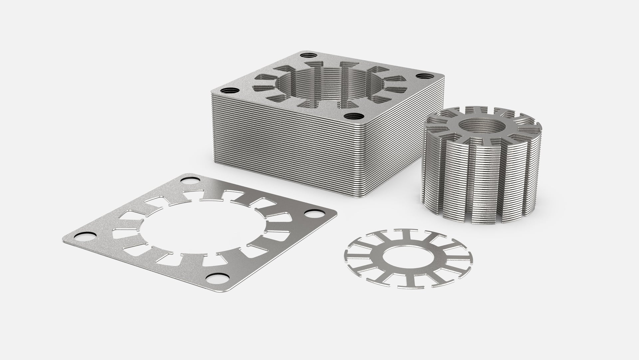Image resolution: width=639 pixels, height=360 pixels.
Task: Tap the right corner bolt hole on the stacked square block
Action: tap(422, 76)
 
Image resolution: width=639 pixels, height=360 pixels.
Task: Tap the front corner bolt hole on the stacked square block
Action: tap(353, 117)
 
